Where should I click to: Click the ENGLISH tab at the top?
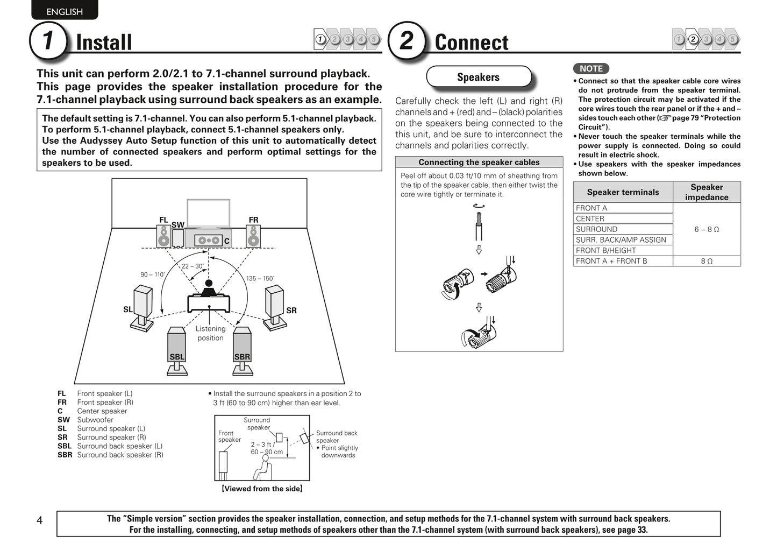pyautogui.click(x=65, y=11)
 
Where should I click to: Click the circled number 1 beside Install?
pyautogui.click(x=48, y=40)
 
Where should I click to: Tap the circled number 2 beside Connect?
pyautogui.click(x=407, y=40)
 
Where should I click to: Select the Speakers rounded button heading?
pyautogui.click(x=478, y=77)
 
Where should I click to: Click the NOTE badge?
pyautogui.click(x=591, y=68)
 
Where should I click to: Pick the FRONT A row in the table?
pyautogui.click(x=623, y=208)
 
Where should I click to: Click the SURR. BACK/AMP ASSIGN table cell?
pyautogui.click(x=623, y=239)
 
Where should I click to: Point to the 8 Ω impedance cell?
pyautogui.click(x=706, y=261)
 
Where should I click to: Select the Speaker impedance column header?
pyautogui.click(x=706, y=192)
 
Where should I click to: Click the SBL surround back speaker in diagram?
pyautogui.click(x=177, y=347)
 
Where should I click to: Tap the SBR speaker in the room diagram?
pyautogui.click(x=242, y=347)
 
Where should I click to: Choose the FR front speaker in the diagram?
pyautogui.click(x=253, y=235)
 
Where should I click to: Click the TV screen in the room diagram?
pyautogui.click(x=208, y=213)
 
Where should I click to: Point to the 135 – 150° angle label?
pyautogui.click(x=260, y=278)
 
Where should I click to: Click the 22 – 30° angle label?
pyautogui.click(x=193, y=266)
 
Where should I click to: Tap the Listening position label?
pyautogui.click(x=210, y=333)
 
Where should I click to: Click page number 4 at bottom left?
pyautogui.click(x=39, y=520)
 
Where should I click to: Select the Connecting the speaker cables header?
pyautogui.click(x=479, y=162)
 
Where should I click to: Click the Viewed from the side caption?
pyautogui.click(x=262, y=489)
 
